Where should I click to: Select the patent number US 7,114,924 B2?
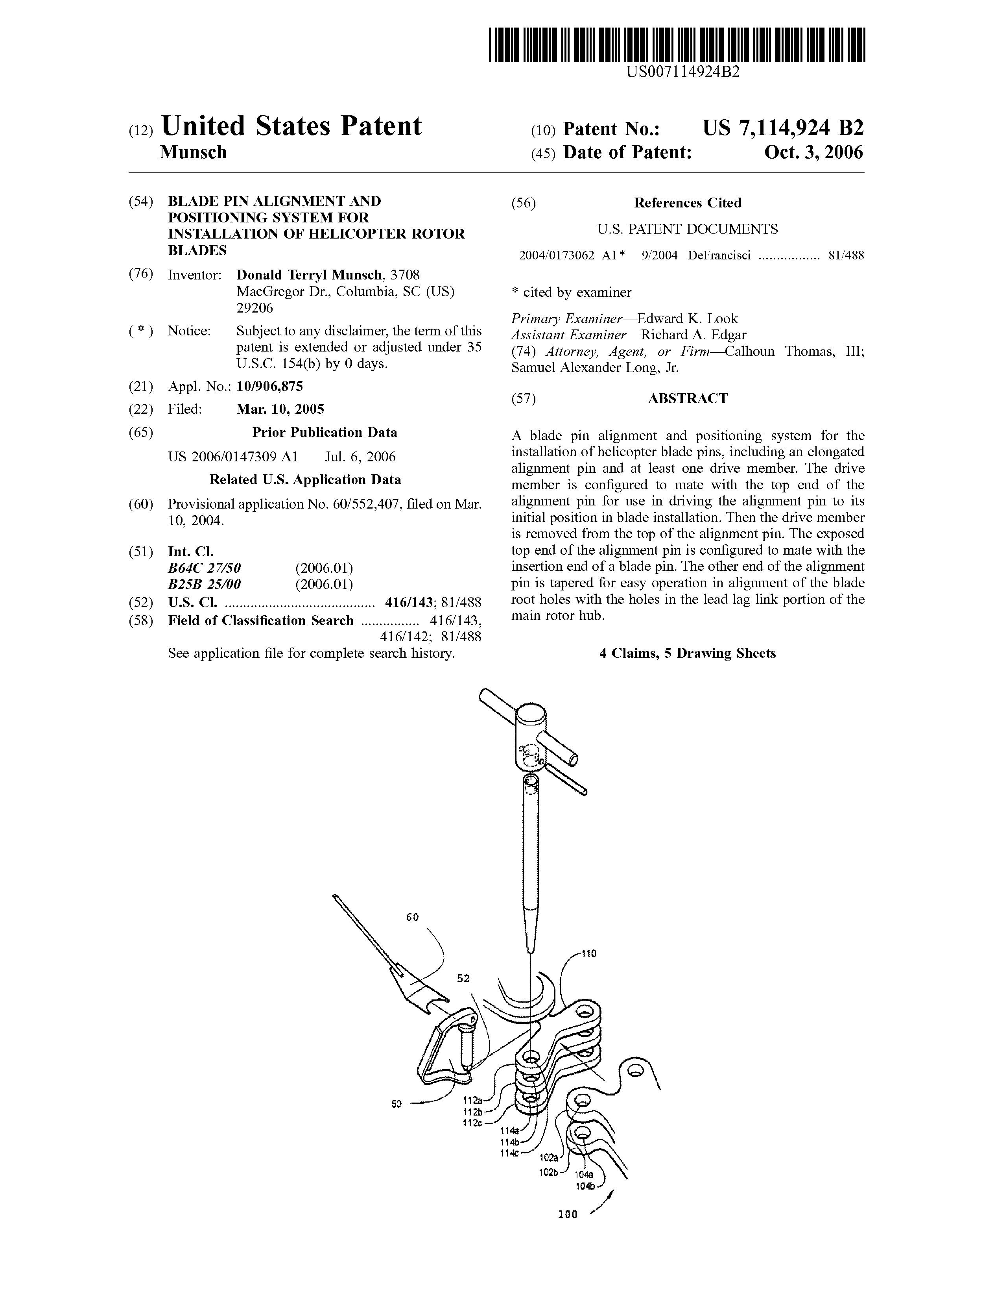(783, 128)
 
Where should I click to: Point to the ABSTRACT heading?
(687, 398)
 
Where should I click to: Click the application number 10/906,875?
(269, 387)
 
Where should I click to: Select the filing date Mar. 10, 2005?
(280, 409)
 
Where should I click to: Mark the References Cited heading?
(687, 203)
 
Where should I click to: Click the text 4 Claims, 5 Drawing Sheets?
(687, 653)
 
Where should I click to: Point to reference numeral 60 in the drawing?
(413, 918)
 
